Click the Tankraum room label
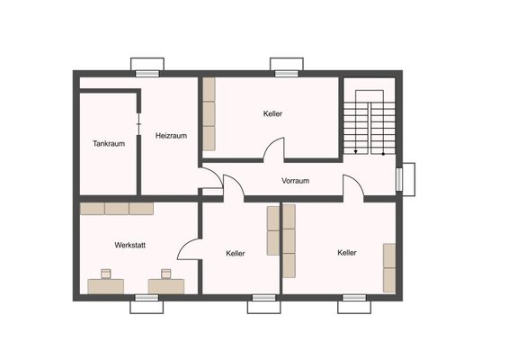click(109, 143)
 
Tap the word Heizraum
click(171, 136)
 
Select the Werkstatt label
click(129, 245)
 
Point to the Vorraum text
click(295, 181)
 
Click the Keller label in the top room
click(272, 113)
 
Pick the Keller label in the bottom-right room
click(347, 252)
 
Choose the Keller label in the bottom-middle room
click(236, 253)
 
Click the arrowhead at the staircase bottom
click(356, 151)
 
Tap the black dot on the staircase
click(383, 154)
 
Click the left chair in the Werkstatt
click(106, 274)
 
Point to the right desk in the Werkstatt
click(166, 286)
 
